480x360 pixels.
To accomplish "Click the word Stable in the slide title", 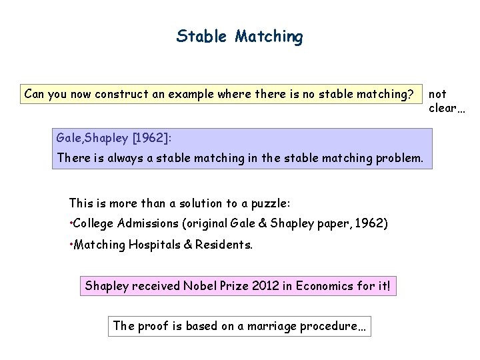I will coord(202,36).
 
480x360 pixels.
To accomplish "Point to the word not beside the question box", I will coord(438,94).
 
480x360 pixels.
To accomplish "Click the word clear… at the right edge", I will coord(448,107).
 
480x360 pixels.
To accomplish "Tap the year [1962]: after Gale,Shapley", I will coord(151,137).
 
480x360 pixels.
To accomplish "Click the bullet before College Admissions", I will coord(71,223).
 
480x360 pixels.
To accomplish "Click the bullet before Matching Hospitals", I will coord(71,244).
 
